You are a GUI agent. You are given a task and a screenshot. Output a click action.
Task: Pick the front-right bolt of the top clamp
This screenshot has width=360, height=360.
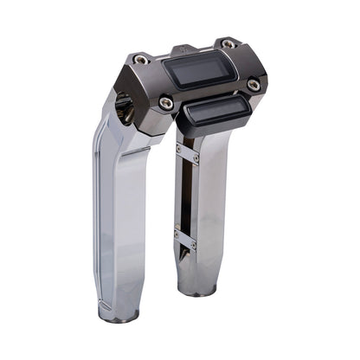click(x=253, y=85)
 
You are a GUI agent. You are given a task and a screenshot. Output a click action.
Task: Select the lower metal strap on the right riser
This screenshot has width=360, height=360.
click(x=185, y=239)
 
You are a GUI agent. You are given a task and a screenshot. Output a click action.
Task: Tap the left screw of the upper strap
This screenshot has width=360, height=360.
click(x=178, y=147)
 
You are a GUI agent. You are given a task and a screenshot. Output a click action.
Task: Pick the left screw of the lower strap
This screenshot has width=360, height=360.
click(x=177, y=232)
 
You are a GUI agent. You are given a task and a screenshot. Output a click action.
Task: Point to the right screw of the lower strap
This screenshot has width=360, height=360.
click(x=194, y=246)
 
